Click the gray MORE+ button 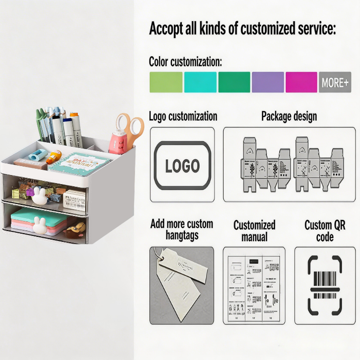coord(335,82)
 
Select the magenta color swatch coord(301,82)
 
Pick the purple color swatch coord(268,82)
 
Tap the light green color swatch coord(166,82)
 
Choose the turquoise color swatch coord(200,82)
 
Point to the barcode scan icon coord(324,285)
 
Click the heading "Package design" coord(289,116)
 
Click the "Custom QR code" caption coord(325,230)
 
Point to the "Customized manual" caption coord(254,230)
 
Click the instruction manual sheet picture coord(254,285)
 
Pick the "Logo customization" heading coord(183,116)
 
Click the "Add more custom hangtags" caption coord(181,229)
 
